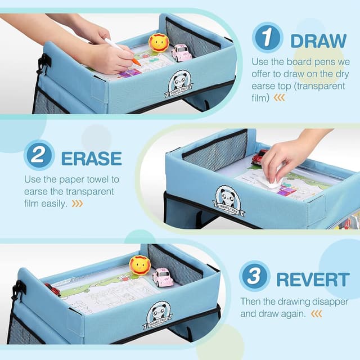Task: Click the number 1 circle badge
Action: [268, 38]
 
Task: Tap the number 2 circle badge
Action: [39, 155]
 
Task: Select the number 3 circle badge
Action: [254, 276]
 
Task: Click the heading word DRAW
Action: [318, 40]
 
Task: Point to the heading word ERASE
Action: [91, 158]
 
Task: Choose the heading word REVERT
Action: [313, 279]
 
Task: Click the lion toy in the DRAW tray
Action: [159, 43]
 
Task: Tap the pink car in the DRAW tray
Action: [181, 52]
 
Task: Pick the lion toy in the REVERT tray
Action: [139, 265]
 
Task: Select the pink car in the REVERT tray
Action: [163, 277]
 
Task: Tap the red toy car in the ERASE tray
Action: [259, 157]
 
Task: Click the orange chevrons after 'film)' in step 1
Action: [280, 97]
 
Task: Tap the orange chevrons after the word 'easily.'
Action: [77, 204]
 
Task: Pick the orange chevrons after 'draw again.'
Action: [317, 314]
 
